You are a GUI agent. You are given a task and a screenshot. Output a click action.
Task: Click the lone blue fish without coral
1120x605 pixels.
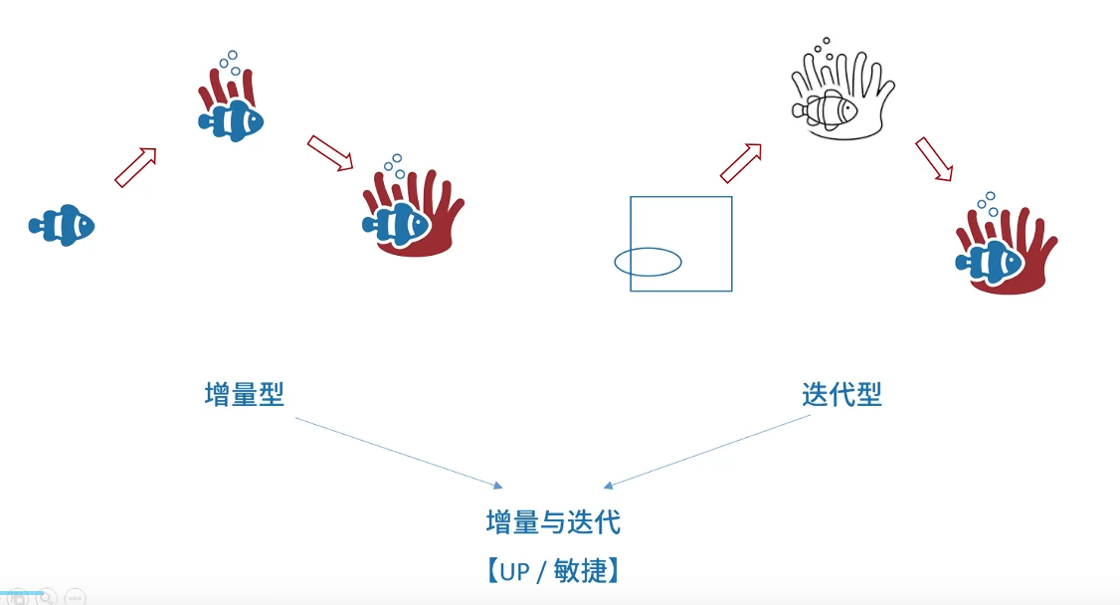point(62,226)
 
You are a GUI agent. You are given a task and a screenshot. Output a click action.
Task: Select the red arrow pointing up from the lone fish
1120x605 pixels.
point(136,167)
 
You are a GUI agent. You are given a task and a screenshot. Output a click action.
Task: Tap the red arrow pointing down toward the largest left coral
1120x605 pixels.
point(330,152)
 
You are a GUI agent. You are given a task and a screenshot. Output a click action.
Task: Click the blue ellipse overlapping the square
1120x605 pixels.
point(648,262)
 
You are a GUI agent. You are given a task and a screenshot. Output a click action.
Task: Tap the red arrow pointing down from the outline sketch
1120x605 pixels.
point(934,159)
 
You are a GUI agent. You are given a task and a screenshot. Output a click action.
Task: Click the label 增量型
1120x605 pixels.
point(245,395)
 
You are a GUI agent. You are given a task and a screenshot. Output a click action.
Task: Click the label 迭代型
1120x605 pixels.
point(841,395)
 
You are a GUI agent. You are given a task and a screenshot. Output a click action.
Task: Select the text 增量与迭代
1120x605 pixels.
point(553,521)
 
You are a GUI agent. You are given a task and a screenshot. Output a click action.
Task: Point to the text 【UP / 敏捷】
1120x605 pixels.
point(553,571)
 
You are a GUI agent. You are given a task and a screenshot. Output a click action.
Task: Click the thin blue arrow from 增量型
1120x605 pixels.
point(398,452)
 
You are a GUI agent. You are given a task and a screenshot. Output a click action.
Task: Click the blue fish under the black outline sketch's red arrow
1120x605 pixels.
point(990,262)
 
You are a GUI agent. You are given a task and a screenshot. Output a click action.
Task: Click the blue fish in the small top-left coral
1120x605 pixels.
point(231,121)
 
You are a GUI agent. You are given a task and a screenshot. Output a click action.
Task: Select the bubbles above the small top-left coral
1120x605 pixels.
point(230,62)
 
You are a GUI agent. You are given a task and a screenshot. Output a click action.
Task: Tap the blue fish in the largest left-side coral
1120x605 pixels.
point(395,223)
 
